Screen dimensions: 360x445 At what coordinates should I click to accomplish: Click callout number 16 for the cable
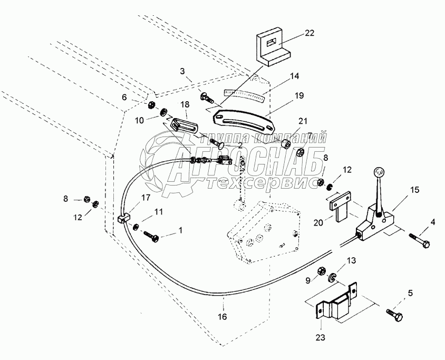223,317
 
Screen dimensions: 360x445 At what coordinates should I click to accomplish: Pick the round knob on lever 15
379,172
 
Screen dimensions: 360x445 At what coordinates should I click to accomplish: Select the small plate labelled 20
339,207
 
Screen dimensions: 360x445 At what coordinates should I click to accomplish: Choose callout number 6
124,97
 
